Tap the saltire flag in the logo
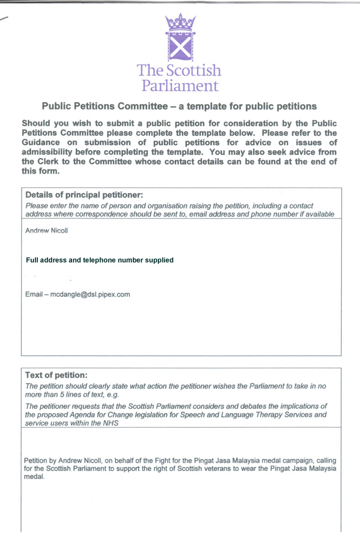click(x=179, y=47)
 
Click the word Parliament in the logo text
click(x=179, y=85)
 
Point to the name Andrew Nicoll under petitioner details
click(x=47, y=231)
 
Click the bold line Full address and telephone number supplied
click(x=100, y=260)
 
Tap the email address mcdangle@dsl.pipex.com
click(x=90, y=294)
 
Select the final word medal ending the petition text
click(x=34, y=476)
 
